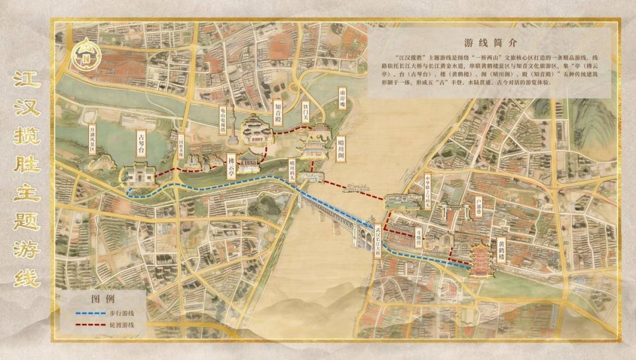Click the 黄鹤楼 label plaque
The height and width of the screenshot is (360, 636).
click(501, 252)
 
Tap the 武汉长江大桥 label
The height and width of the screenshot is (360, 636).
click(377, 243)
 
